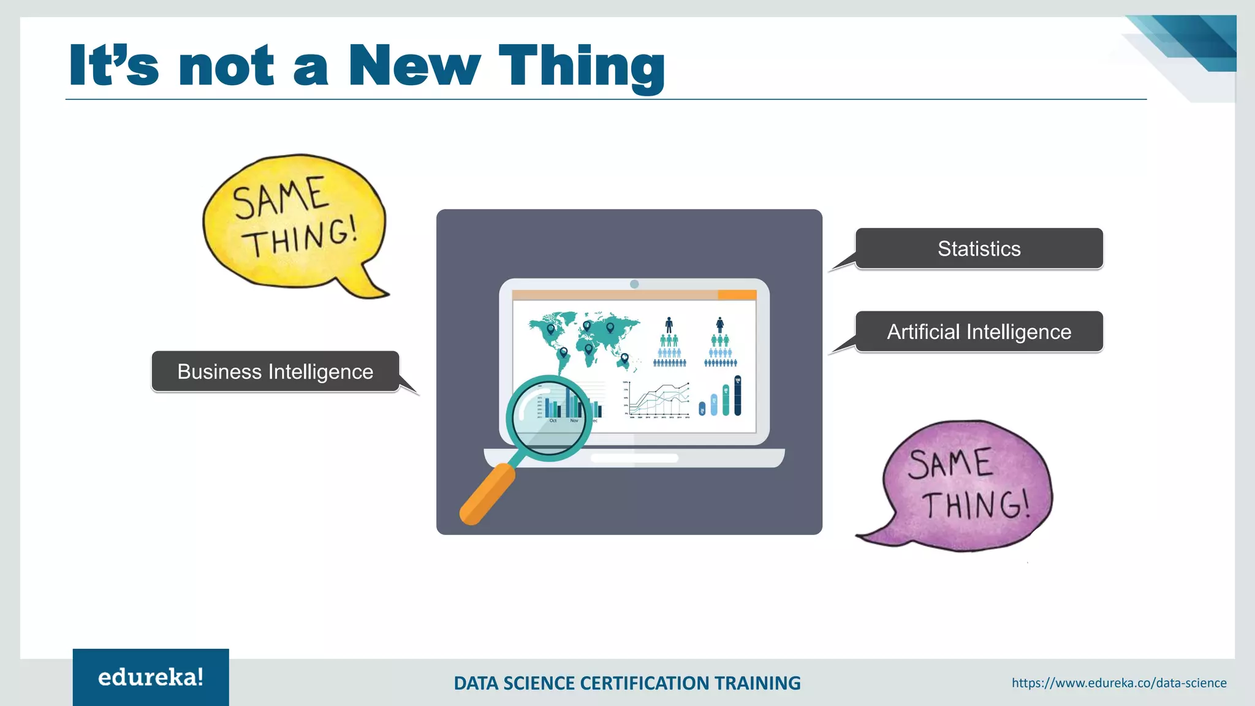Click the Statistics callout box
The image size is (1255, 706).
[979, 249]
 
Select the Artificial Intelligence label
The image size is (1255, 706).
[979, 332]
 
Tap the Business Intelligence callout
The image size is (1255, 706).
[275, 371]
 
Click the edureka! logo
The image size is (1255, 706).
[151, 677]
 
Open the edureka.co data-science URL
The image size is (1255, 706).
[1119, 683]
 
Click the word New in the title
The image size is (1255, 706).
[414, 66]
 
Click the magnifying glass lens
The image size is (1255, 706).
[548, 417]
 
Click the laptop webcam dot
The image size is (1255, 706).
[634, 284]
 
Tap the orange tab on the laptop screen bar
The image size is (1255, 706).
[737, 295]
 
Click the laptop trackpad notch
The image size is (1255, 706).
[634, 458]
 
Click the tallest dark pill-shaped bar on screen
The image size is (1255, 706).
[738, 396]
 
